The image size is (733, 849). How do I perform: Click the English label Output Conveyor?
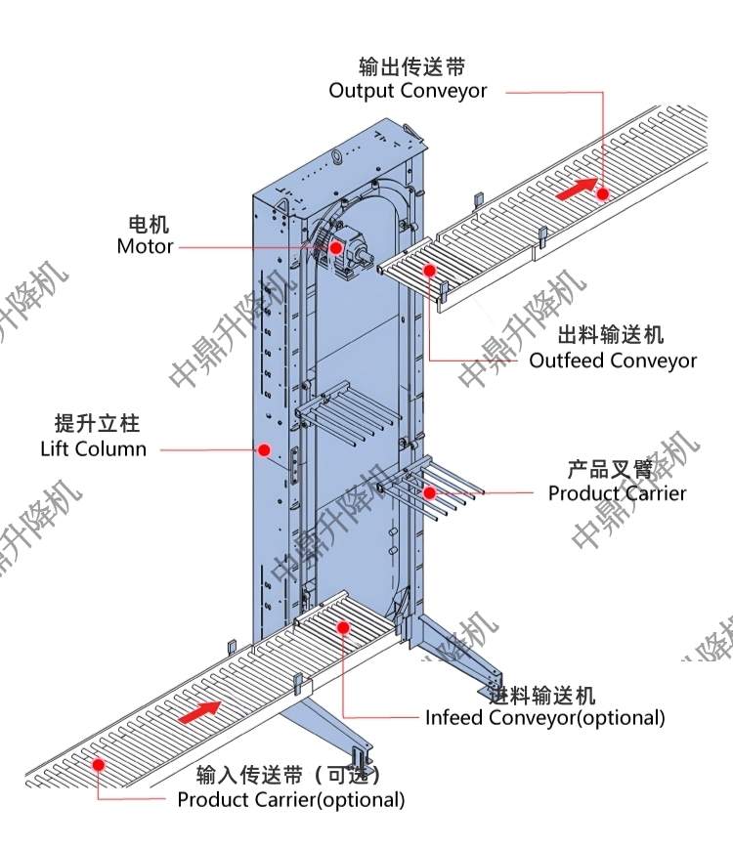pyautogui.click(x=408, y=91)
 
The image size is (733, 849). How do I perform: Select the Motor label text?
pyautogui.click(x=145, y=246)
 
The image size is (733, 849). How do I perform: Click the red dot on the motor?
pyautogui.click(x=335, y=247)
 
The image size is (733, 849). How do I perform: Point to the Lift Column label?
pyautogui.click(x=94, y=449)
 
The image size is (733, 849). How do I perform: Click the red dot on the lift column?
pyautogui.click(x=263, y=450)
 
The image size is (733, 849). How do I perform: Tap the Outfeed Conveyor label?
pyautogui.click(x=613, y=361)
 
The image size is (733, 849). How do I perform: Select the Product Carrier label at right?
pyautogui.click(x=617, y=493)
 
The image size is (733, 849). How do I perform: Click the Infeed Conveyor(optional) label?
pyautogui.click(x=544, y=718)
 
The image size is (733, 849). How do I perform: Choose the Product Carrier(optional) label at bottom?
pyautogui.click(x=290, y=799)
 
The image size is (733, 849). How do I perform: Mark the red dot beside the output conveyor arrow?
pyautogui.click(x=603, y=194)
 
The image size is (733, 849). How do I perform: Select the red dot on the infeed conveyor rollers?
pyautogui.click(x=342, y=626)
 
